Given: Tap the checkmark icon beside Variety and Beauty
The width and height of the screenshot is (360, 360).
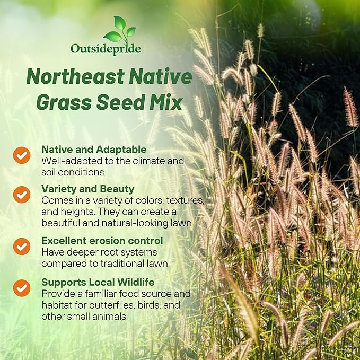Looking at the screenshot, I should coord(22,195).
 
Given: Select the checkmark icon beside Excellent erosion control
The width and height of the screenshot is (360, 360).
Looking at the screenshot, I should coord(22,246).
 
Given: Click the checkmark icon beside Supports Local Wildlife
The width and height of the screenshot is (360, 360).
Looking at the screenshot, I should coord(22,287).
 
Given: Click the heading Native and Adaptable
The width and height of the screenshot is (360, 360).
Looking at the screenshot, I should coord(94,150).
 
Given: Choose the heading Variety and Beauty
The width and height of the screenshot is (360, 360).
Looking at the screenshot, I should coord(88,189).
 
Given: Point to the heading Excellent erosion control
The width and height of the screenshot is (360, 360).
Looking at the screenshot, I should coord(102,241).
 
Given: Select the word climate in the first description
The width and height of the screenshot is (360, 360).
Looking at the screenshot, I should coord(147,161).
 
